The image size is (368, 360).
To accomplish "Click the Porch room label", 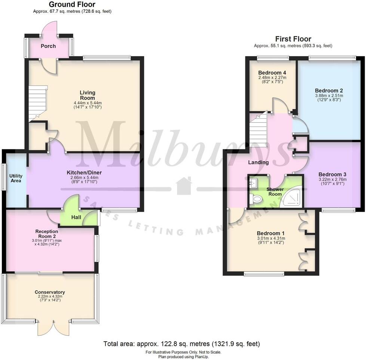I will [48, 46].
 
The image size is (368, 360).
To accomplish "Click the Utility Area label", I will [16, 178].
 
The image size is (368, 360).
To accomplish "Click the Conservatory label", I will [50, 292].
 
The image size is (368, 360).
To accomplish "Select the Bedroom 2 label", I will [329, 91].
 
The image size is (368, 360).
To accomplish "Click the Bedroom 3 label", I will [332, 174].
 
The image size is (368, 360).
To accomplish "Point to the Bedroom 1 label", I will [271, 233].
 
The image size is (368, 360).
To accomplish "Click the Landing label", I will [258, 162].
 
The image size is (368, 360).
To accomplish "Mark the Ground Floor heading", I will [72, 4].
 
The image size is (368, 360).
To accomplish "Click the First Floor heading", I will [293, 39].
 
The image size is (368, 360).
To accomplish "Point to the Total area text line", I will [181, 344].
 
